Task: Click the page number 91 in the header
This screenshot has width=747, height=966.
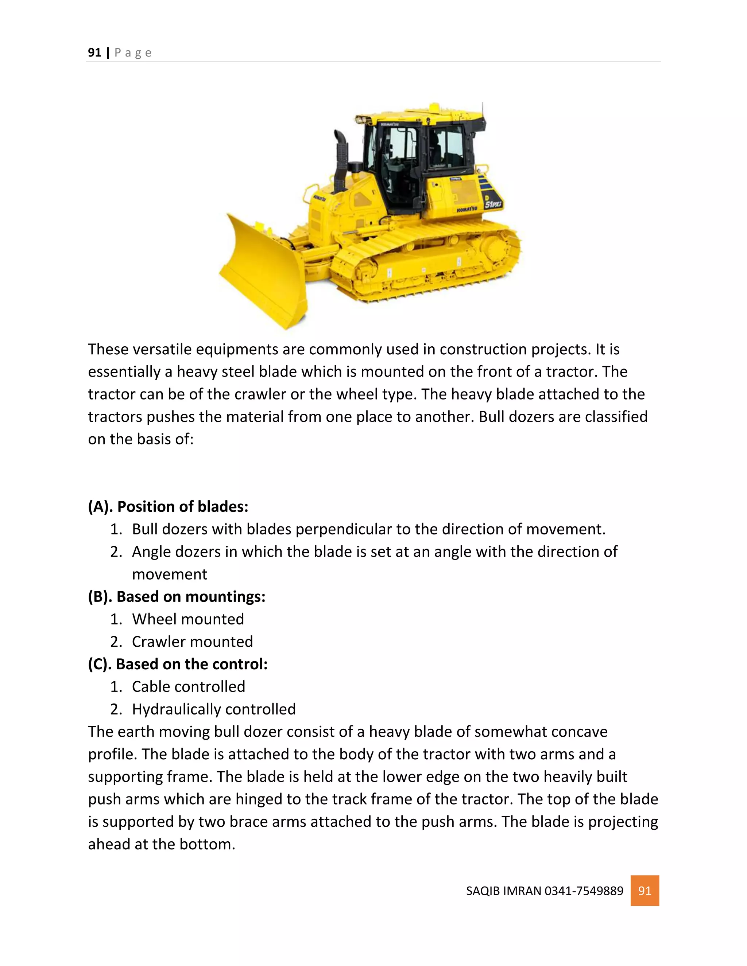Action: tap(94, 52)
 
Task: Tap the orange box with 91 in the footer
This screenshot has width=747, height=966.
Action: tap(645, 891)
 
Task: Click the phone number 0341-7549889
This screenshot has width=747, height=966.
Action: tap(584, 891)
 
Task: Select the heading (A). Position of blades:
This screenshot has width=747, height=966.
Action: tap(168, 506)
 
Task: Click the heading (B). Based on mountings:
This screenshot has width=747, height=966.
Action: tap(177, 596)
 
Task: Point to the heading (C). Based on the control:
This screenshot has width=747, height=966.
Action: tap(178, 664)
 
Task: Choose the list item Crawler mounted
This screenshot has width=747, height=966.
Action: tap(192, 641)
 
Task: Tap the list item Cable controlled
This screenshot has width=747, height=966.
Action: tap(188, 686)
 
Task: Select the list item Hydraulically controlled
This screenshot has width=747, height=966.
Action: tap(213, 709)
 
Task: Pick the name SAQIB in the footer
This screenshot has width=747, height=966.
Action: tap(482, 891)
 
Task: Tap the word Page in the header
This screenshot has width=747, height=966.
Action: tap(133, 52)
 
